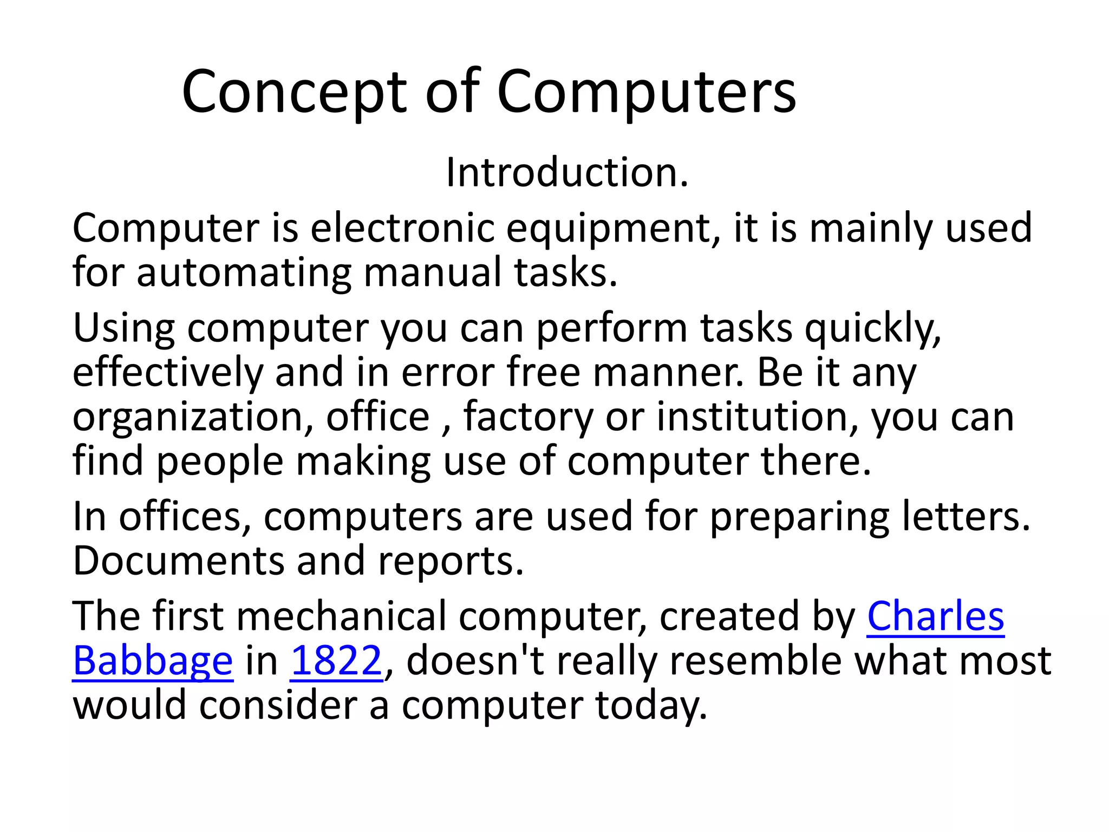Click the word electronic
click(x=402, y=228)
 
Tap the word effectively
click(x=167, y=373)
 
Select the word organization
click(x=193, y=418)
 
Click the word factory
click(x=528, y=418)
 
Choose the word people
click(x=220, y=462)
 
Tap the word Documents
click(x=178, y=561)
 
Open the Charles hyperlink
click(x=935, y=616)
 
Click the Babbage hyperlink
click(x=153, y=661)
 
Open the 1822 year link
click(x=336, y=661)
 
